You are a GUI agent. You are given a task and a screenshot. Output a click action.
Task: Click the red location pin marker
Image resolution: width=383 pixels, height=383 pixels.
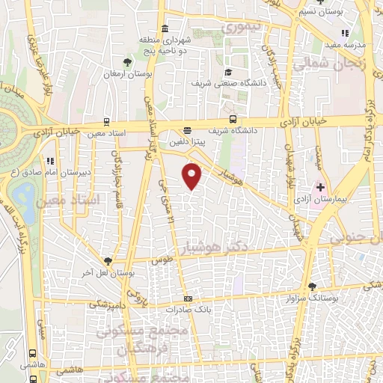[x=193, y=176]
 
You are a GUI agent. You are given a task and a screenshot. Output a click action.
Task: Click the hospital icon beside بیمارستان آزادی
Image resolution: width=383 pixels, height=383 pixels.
[x=321, y=186]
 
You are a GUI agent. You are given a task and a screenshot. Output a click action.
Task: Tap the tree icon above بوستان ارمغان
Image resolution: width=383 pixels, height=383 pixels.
[x=128, y=64]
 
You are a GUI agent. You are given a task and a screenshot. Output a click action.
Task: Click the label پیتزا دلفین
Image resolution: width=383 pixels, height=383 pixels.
[x=182, y=139]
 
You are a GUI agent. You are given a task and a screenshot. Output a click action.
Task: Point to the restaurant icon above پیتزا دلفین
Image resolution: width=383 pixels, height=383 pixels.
[x=186, y=128]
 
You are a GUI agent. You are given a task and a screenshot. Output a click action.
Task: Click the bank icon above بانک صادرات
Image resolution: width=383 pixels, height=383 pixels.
[x=188, y=298]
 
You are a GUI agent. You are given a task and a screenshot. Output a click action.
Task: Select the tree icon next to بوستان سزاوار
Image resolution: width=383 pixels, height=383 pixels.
[x=312, y=286]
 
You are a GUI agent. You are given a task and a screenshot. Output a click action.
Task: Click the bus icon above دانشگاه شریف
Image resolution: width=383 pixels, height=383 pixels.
[x=233, y=118]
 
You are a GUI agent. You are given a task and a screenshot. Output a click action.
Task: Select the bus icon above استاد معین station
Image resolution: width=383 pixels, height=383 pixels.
[x=106, y=120]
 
